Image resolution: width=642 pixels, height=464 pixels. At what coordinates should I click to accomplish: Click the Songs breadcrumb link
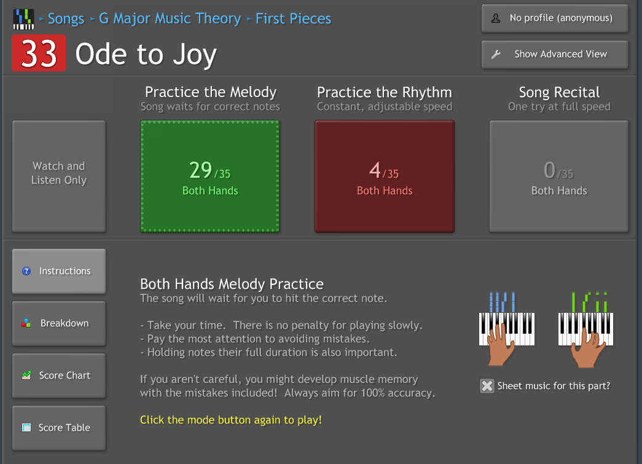point(66,18)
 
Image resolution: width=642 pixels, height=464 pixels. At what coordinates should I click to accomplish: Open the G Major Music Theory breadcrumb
point(170,18)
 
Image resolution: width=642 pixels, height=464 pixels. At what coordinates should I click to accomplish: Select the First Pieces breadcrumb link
point(293,18)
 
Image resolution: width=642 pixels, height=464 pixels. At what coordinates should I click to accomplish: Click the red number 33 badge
point(39,53)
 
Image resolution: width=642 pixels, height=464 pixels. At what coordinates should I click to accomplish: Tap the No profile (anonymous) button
point(555,18)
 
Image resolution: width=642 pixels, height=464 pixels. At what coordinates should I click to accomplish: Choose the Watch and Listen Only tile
point(59,176)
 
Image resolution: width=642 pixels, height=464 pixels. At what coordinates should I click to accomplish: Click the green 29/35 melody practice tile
point(210,176)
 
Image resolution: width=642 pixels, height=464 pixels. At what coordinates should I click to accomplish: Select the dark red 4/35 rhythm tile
point(385,176)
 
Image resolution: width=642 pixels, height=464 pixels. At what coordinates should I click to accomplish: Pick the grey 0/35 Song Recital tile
point(559,176)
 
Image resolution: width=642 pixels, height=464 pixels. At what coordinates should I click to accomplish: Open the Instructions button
point(59,271)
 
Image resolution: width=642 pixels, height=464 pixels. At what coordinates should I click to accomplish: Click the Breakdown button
point(59,323)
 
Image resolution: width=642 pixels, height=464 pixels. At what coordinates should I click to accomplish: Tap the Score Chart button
point(59,376)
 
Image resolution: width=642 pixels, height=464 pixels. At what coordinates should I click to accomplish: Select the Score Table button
point(59,428)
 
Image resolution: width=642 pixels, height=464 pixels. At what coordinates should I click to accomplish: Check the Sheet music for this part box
point(487,386)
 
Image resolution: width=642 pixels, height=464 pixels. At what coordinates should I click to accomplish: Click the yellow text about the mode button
point(231,420)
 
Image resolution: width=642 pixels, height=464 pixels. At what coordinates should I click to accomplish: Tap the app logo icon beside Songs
point(23,19)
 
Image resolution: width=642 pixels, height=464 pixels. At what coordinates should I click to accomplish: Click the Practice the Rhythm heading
point(385,92)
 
